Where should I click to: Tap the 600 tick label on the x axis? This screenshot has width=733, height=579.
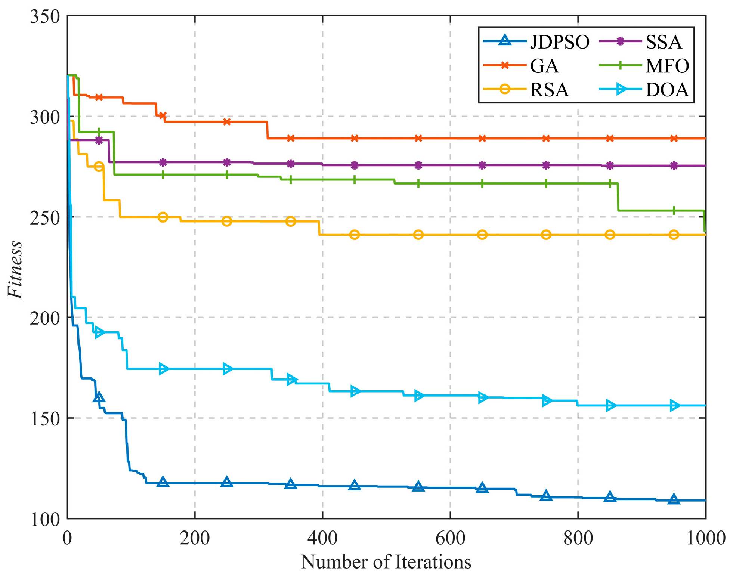pos(450,538)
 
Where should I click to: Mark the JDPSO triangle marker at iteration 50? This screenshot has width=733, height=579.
pos(99,397)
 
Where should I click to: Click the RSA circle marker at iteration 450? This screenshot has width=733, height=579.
pos(355,235)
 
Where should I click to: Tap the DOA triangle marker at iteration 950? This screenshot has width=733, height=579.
pos(674,405)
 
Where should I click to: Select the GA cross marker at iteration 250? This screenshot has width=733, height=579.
pos(227,122)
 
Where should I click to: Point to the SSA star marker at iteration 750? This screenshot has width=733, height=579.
pos(546,165)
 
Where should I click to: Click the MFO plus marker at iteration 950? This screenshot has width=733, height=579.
pos(674,211)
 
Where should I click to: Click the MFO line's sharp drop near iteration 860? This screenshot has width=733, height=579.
pos(618,197)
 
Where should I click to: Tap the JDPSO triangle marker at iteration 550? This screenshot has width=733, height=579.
pos(418,486)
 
